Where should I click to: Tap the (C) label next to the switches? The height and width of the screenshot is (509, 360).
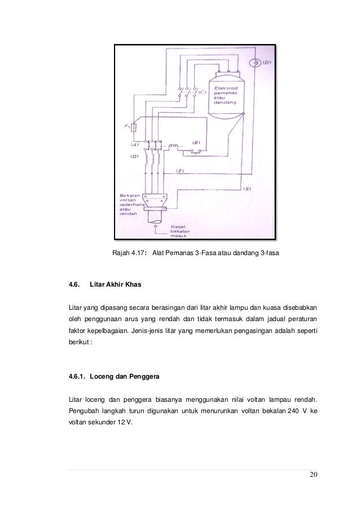[201, 93]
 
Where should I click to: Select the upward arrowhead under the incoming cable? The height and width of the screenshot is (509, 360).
[156, 225]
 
